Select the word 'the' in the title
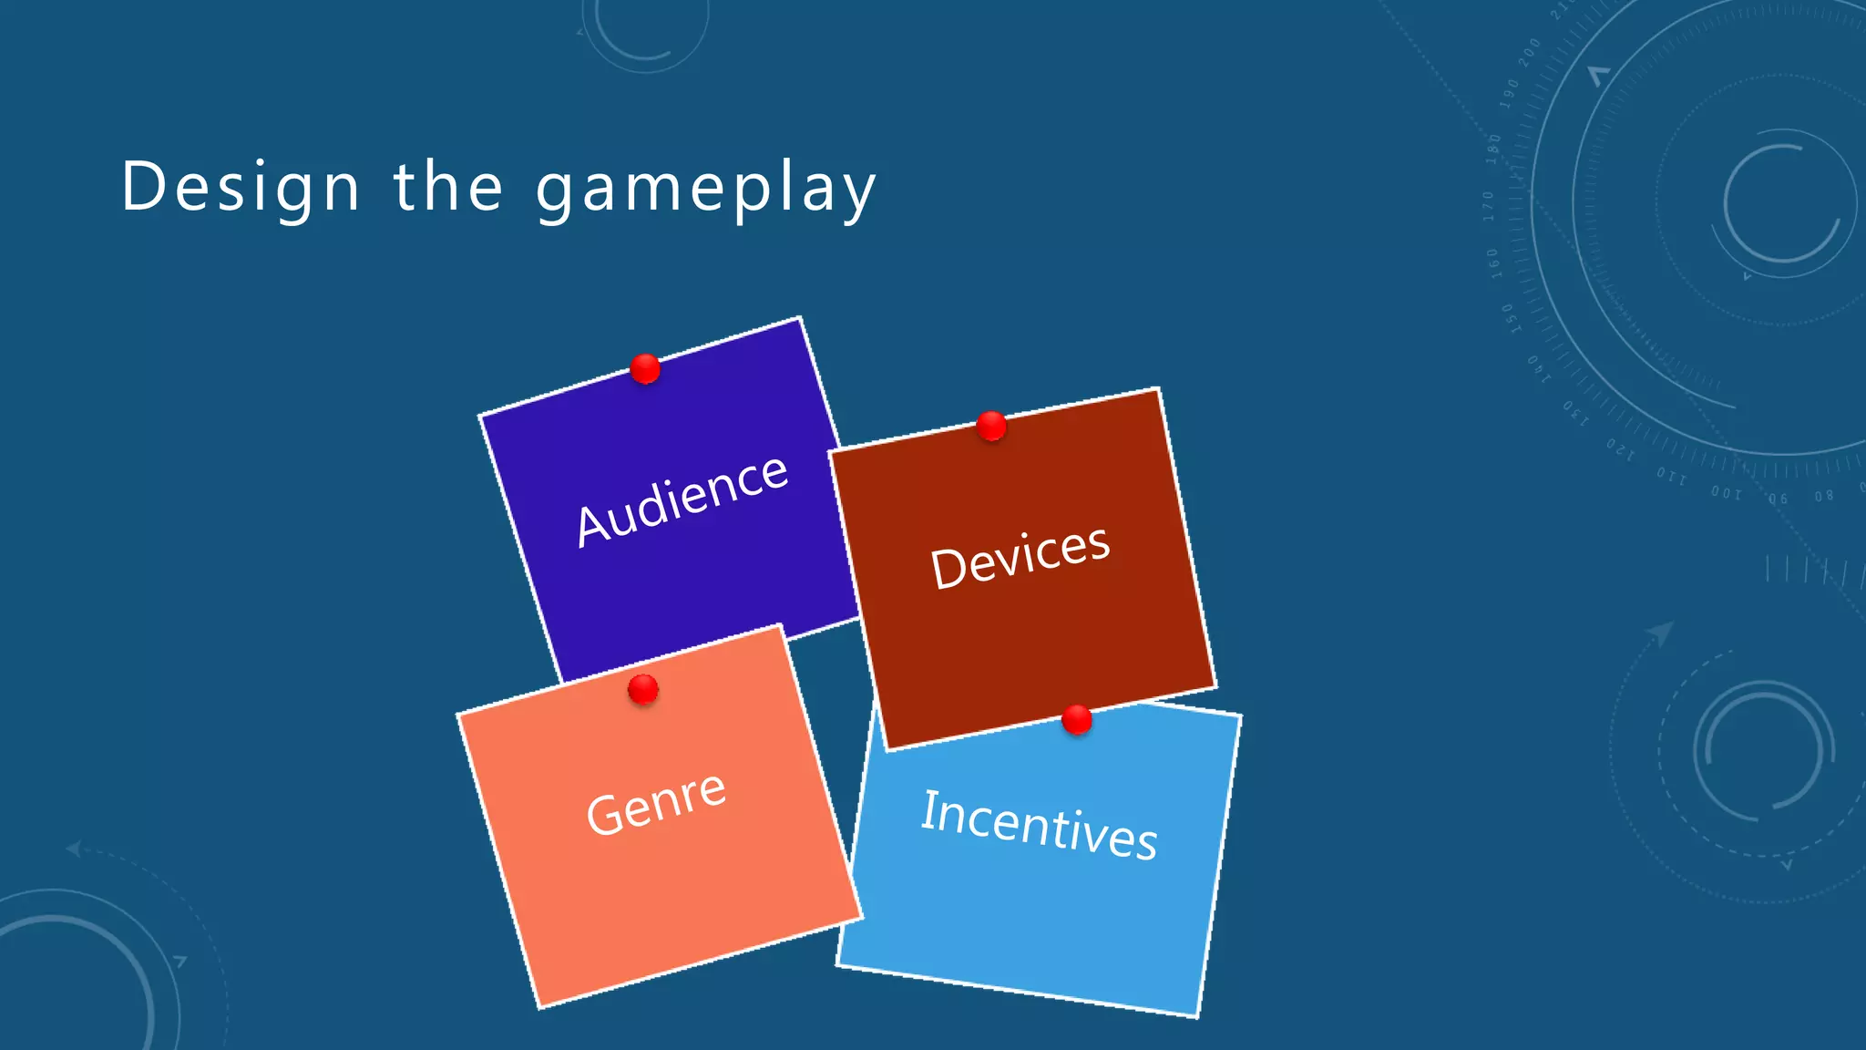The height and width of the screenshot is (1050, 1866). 447,186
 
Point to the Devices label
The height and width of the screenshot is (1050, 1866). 1020,557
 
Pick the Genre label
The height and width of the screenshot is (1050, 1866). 656,802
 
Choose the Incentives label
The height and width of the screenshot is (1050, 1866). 1039,825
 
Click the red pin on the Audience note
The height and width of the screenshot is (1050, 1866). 645,369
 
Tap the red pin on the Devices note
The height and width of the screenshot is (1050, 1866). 991,426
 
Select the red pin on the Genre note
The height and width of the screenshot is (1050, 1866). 643,689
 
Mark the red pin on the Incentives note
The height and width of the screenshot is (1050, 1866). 1077,719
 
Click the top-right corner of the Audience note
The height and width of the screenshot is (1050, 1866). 800,318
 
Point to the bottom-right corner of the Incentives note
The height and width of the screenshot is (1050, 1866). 1196,1014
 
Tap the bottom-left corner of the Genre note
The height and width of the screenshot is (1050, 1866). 539,1007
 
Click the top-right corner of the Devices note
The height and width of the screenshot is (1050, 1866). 1158,390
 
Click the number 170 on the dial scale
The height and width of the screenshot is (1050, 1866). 1489,206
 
